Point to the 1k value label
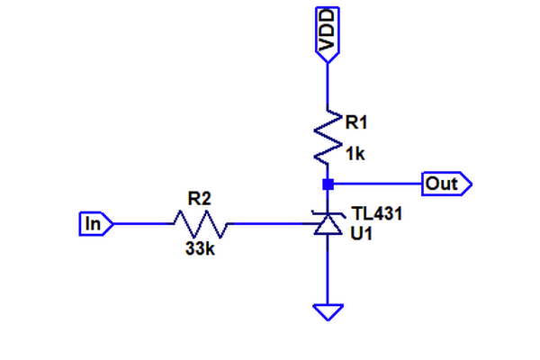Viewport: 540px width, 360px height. click(355, 155)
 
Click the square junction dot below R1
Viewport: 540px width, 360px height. click(328, 184)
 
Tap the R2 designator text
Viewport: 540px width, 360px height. click(199, 197)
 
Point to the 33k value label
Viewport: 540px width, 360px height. click(199, 249)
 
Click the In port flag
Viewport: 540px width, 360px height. click(94, 222)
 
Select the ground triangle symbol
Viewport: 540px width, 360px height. click(328, 311)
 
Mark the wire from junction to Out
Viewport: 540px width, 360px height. click(378, 184)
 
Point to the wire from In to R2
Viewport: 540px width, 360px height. click(139, 222)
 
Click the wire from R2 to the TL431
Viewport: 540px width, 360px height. click(270, 222)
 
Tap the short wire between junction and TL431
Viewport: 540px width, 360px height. click(328, 198)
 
